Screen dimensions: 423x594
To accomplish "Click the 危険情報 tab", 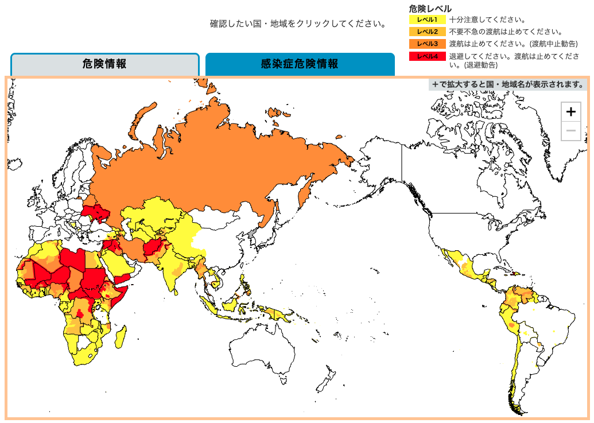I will click(x=104, y=64).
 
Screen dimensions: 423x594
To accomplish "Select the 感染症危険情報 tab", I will click(x=300, y=64).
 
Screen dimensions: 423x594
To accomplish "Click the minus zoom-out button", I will click(x=570, y=131).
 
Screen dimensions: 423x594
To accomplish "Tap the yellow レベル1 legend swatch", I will click(x=427, y=20).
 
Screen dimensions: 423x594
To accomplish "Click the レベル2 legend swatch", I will click(x=427, y=32).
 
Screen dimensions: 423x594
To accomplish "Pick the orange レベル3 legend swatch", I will click(x=427, y=44).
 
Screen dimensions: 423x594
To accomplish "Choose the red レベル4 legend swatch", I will click(x=427, y=56).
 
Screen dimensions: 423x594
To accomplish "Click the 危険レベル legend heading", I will click(x=430, y=9).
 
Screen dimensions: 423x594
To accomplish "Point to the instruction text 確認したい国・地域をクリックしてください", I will click(x=297, y=24).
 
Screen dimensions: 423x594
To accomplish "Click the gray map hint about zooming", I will click(x=507, y=84).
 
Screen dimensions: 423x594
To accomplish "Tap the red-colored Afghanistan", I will click(x=153, y=248).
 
